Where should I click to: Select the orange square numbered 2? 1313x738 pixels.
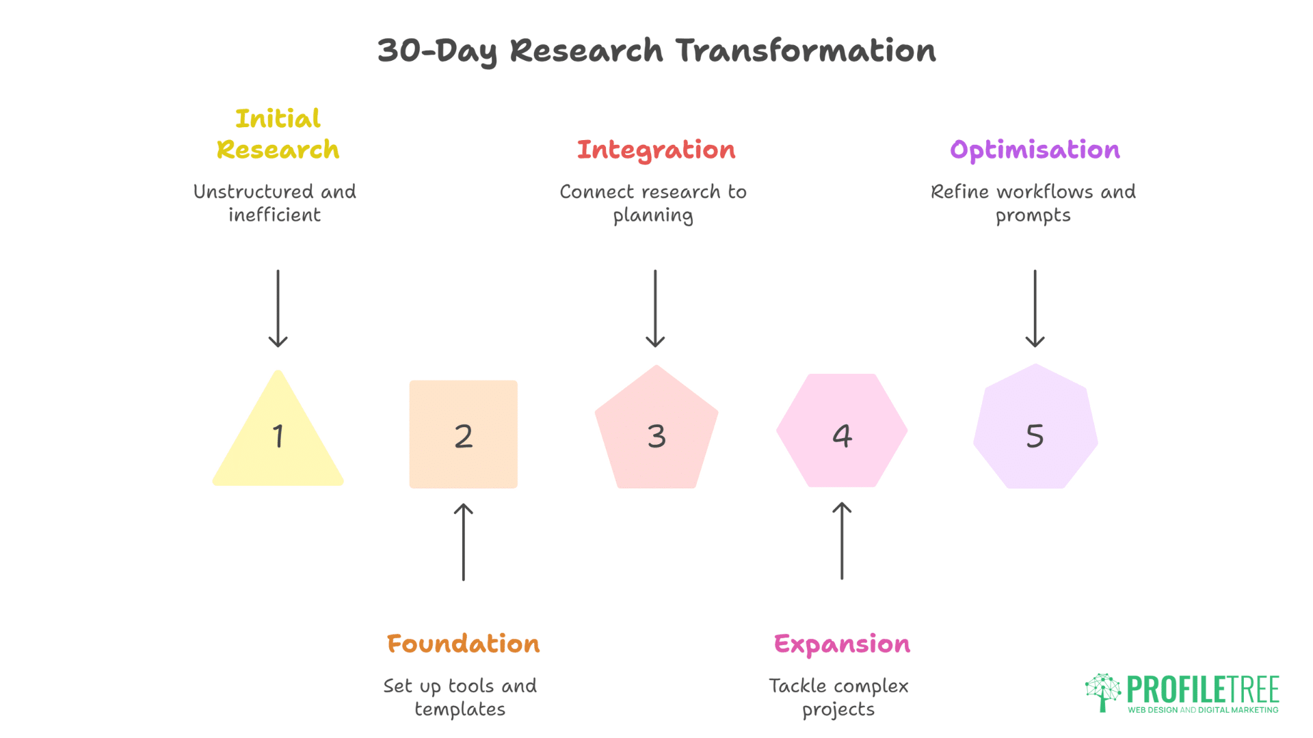[464, 435]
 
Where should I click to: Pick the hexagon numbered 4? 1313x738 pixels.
[842, 430]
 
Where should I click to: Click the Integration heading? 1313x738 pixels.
[656, 150]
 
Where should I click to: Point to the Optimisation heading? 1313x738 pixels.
[1035, 150]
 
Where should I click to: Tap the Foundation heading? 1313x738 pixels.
[464, 644]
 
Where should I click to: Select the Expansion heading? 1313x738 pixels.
[842, 644]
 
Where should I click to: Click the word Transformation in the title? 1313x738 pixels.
[806, 51]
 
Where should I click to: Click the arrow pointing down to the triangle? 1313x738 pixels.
[278, 308]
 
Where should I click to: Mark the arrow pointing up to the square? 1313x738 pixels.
[464, 542]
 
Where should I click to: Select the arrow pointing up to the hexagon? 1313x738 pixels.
[842, 541]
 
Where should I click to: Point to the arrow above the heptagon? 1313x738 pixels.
[1035, 308]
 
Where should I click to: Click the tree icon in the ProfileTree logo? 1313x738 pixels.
[1102, 692]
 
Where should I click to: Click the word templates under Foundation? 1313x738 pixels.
[460, 709]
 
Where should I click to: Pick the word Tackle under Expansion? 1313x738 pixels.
[797, 685]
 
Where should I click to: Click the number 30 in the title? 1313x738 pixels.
[400, 51]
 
